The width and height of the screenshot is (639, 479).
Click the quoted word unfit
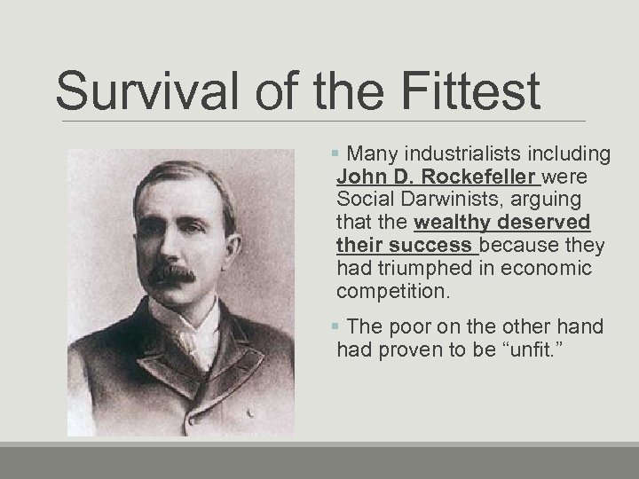pyautogui.click(x=530, y=350)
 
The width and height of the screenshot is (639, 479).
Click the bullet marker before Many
pyautogui.click(x=343, y=155)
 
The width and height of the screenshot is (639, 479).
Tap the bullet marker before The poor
pyautogui.click(x=343, y=326)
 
